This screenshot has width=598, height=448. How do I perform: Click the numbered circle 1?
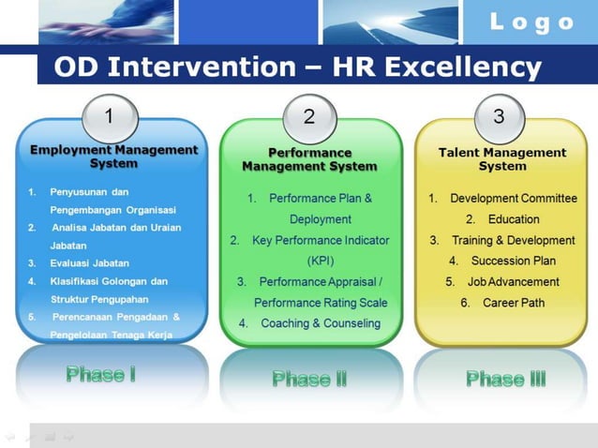(110, 117)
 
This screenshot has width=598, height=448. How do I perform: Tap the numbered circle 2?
(309, 117)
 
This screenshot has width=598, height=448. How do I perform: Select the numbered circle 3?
(499, 117)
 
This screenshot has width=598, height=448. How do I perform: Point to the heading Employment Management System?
(113, 156)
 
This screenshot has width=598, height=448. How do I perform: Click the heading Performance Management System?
(309, 159)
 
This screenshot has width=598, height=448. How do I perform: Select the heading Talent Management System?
(502, 159)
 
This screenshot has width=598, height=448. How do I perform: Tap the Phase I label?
(101, 375)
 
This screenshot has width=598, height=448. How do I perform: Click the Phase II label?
(309, 379)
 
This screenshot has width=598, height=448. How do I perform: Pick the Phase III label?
(506, 379)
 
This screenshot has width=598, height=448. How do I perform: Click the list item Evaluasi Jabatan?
(90, 262)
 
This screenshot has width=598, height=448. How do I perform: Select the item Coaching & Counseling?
(321, 323)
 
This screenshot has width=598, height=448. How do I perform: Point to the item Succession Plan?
(513, 261)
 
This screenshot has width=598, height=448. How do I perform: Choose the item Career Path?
(513, 303)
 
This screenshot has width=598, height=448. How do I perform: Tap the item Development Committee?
(512, 199)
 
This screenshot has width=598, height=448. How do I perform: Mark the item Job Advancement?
(513, 281)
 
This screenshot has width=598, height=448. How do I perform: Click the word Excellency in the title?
(464, 67)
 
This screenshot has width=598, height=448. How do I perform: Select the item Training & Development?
(513, 240)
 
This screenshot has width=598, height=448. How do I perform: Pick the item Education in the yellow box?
(514, 219)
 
